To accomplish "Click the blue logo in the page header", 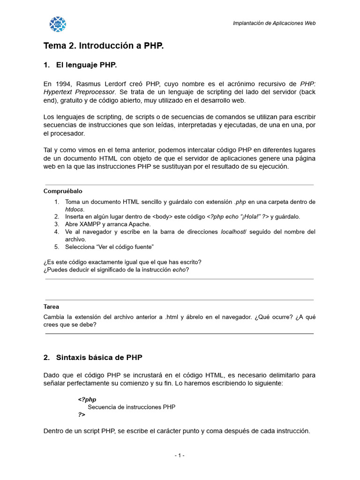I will point(58,24).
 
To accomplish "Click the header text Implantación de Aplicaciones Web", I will point(274,23).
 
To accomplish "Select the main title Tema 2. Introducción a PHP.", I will point(104,46).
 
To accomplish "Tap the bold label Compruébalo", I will point(63,191).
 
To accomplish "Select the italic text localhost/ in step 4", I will point(233,232).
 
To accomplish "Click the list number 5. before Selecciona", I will point(56,247).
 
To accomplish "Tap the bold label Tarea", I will point(51,307).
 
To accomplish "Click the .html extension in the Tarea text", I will point(173,317).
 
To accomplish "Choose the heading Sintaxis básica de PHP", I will point(99,357).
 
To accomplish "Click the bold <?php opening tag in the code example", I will point(87,399).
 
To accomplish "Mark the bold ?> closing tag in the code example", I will point(82,415).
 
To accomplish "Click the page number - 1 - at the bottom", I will point(180,455).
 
